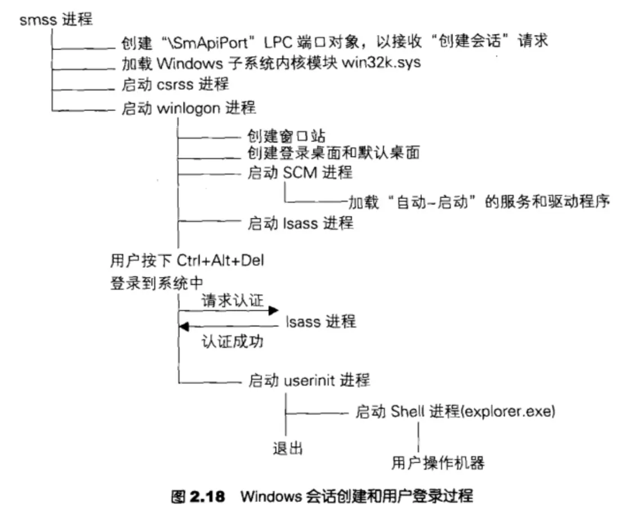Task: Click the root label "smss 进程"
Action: click(x=56, y=21)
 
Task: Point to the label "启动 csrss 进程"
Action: click(x=175, y=84)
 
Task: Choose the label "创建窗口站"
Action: click(x=286, y=135)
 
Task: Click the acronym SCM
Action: click(x=300, y=173)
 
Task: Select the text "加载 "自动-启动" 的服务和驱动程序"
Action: click(x=479, y=201)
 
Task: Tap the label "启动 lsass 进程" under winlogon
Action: click(x=301, y=223)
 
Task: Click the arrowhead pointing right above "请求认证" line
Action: click(x=274, y=311)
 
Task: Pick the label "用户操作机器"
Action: click(x=438, y=462)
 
